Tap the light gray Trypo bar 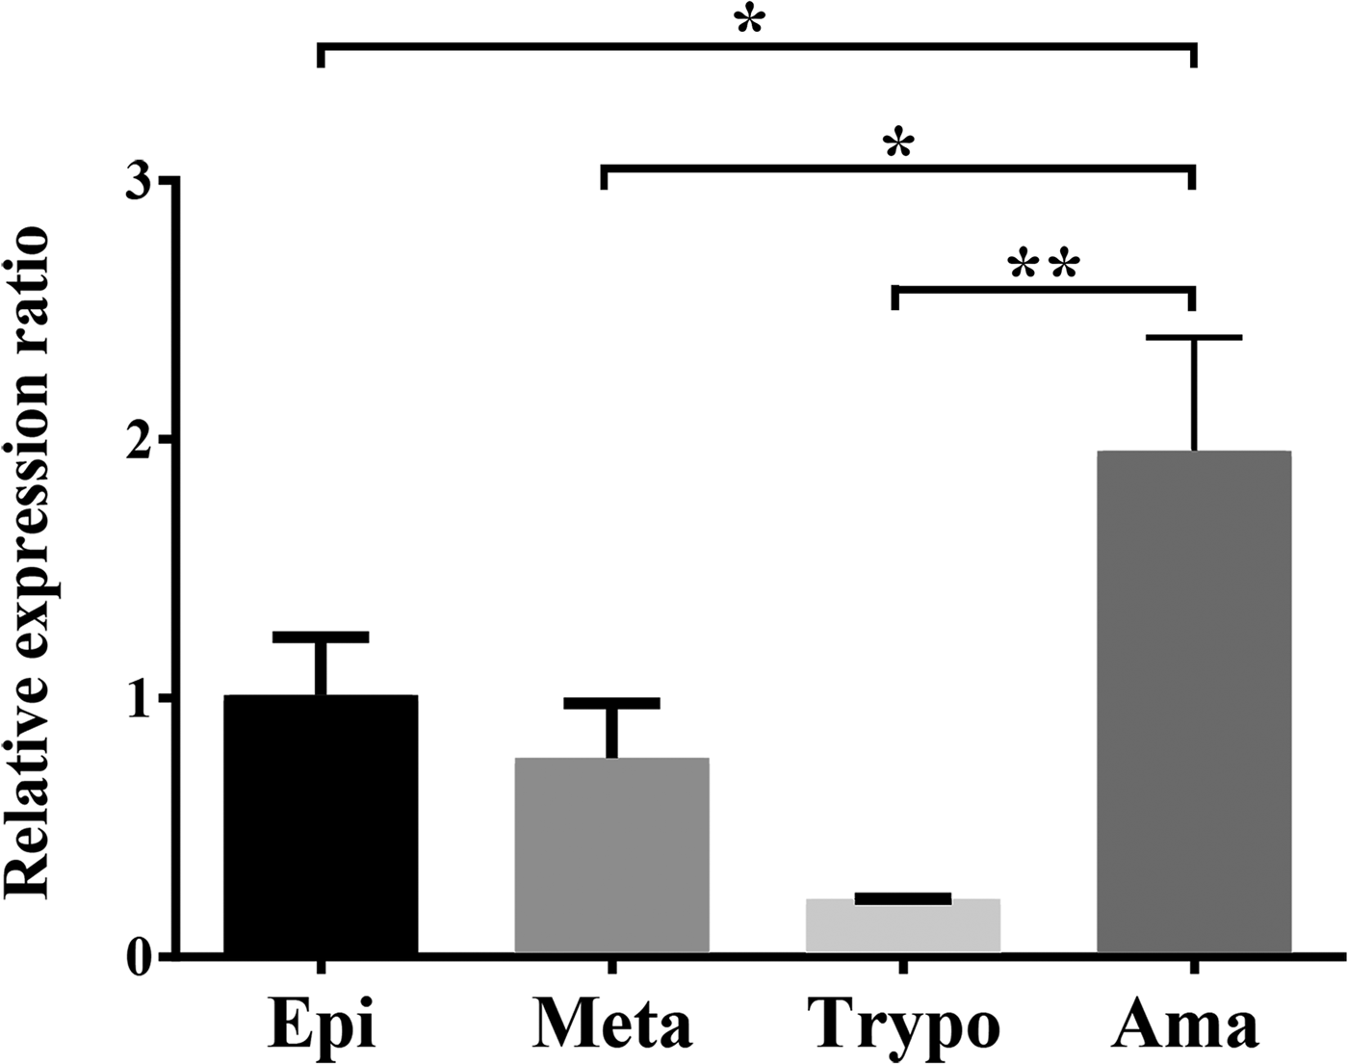903,926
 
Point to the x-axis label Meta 611,1025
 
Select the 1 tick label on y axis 142,697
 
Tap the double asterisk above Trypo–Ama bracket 1044,266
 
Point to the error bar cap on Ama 1194,338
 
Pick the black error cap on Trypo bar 903,898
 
